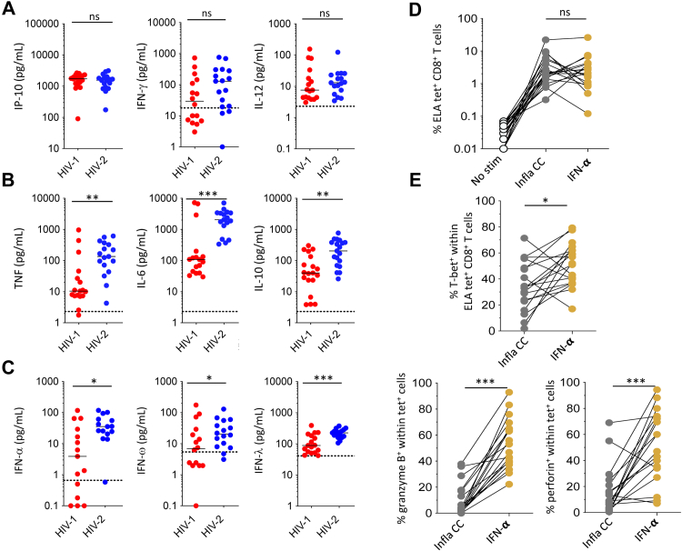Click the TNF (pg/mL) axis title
coord(18,260)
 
